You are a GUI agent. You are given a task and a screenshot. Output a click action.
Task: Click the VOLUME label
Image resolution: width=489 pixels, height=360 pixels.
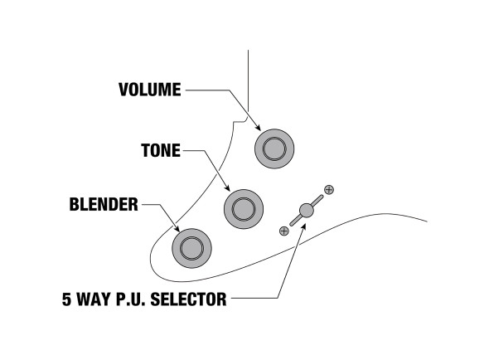[x=150, y=90]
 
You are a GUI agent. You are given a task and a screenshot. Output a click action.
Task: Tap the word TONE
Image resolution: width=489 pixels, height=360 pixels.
[x=161, y=150]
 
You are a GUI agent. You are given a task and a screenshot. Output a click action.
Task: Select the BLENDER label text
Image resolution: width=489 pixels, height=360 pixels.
[x=104, y=205]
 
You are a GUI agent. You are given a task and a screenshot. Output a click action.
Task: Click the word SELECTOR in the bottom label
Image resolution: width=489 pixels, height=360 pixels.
[x=188, y=299]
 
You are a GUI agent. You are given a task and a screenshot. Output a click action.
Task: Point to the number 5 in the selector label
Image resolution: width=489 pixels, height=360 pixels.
[x=66, y=299]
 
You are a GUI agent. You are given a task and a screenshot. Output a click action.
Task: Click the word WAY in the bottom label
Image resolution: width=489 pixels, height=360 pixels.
[x=94, y=299]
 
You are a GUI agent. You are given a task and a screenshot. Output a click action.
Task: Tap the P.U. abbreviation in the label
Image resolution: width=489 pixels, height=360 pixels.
[x=130, y=299]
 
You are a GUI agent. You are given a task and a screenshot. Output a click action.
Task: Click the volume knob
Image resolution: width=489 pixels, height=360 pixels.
[x=274, y=149]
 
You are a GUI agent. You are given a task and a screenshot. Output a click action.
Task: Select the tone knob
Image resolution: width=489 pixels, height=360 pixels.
[x=244, y=209]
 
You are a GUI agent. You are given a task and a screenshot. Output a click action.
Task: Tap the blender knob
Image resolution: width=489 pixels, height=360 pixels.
[x=191, y=248]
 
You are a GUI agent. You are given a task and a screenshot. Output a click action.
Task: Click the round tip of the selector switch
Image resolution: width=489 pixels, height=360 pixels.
[x=307, y=211]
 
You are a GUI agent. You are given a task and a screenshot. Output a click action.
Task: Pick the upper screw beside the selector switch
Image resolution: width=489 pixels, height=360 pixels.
[x=329, y=189]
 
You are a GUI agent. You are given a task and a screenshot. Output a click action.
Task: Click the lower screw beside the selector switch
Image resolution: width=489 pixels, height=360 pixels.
[x=283, y=231]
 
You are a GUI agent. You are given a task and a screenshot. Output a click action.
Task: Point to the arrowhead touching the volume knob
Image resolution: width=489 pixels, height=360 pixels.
[x=257, y=127]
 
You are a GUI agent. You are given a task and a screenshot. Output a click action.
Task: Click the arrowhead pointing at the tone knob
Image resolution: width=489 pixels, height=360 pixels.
[x=227, y=187]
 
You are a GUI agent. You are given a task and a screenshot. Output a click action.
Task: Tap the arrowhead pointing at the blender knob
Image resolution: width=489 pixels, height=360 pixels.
[x=177, y=229]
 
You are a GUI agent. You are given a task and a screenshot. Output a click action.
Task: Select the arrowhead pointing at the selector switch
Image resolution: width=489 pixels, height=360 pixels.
[x=303, y=226]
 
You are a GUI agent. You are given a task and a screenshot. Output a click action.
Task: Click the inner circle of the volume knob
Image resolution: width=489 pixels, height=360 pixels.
[x=274, y=149]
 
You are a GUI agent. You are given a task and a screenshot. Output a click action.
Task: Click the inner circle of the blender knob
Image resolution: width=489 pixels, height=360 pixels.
[x=191, y=248]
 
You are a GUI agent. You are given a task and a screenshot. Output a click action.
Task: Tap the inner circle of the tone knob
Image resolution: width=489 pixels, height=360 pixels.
[x=244, y=209]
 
